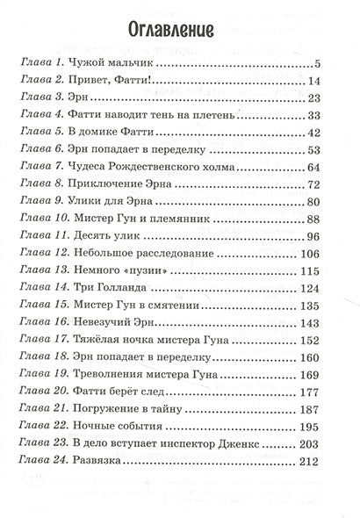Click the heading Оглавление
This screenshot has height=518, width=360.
tap(179, 33)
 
